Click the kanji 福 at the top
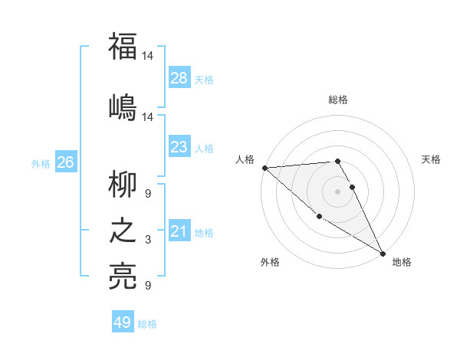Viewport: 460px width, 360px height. coord(123,47)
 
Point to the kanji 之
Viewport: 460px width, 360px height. coord(123,231)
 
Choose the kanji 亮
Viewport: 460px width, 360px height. coord(123,277)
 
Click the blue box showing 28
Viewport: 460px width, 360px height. coord(179,78)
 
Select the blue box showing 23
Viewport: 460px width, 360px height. coord(179,147)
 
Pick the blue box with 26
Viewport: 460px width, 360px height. coord(65,162)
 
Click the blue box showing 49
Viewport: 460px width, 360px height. coord(123,322)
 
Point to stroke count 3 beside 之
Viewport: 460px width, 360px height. coord(148,241)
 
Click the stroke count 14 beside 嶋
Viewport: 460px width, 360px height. coord(148,116)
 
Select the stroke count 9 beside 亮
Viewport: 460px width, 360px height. coord(148,286)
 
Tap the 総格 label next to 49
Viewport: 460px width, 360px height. coord(148,324)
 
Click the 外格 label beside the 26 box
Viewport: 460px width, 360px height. coord(40,163)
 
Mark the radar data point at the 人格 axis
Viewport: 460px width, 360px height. coord(264,168)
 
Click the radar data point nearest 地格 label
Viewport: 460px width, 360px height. coord(383,253)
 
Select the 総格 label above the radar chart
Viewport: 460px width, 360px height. coord(338,100)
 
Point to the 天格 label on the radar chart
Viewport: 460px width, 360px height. coord(432,159)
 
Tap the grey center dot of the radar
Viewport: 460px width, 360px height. coord(338,191)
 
